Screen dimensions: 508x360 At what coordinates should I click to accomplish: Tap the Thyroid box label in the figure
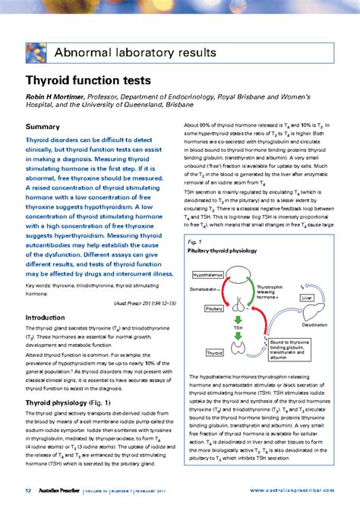214,352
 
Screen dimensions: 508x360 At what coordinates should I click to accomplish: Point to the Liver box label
307,298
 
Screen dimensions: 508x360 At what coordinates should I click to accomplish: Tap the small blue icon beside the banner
36,52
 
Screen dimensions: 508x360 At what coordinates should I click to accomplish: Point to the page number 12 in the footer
28,491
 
